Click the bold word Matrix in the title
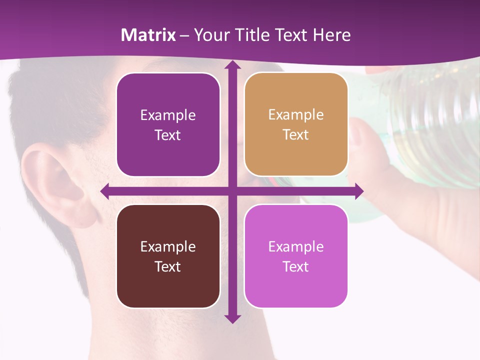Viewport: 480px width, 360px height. [x=148, y=35]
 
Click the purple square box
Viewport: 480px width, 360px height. [x=168, y=124]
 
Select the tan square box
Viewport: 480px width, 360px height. [x=296, y=124]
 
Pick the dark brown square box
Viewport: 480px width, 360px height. [x=168, y=256]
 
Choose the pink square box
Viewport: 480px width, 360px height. [x=296, y=256]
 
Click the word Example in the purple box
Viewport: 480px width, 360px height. [x=168, y=115]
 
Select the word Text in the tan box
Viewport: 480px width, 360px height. [x=296, y=135]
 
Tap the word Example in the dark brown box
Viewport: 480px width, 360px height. [x=168, y=246]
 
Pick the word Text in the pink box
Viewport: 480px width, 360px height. [x=296, y=266]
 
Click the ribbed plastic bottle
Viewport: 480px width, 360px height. [x=430, y=120]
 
